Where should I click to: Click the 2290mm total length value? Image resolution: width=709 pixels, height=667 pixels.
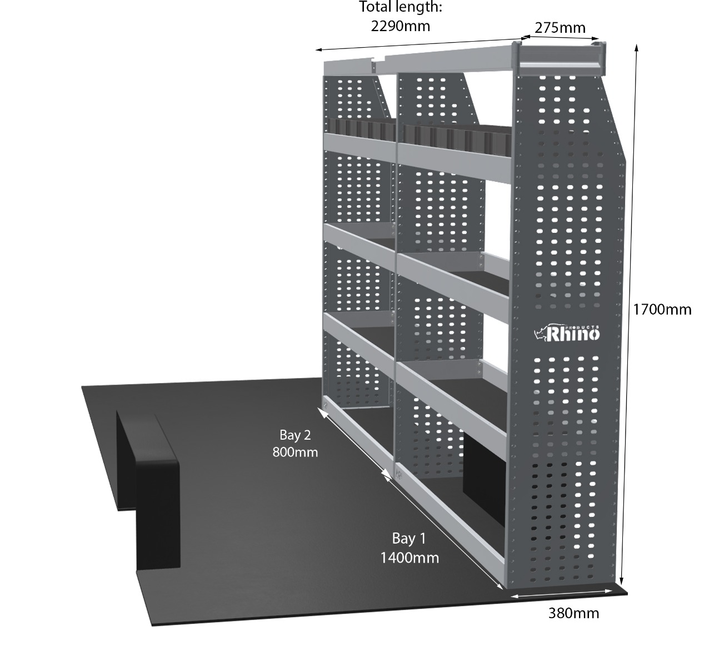(x=400, y=26)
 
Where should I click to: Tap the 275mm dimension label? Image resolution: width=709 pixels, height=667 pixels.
(x=560, y=28)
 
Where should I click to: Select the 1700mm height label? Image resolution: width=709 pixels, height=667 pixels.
(x=662, y=310)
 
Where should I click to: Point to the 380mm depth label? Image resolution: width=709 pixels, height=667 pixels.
(x=573, y=613)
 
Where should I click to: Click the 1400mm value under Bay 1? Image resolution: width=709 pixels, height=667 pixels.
(x=410, y=558)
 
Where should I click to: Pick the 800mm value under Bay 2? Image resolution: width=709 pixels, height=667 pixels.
(x=295, y=452)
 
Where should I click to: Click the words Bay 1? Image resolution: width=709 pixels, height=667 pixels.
(x=409, y=539)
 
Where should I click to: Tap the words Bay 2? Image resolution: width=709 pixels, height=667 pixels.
(x=295, y=435)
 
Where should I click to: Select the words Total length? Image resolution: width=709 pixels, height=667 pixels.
(x=400, y=7)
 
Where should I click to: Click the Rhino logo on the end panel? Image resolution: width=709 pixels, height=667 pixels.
(x=567, y=333)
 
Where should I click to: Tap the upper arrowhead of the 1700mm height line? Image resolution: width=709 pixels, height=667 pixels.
(x=636, y=47)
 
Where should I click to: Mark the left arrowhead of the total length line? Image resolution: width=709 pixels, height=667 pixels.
(x=319, y=50)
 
